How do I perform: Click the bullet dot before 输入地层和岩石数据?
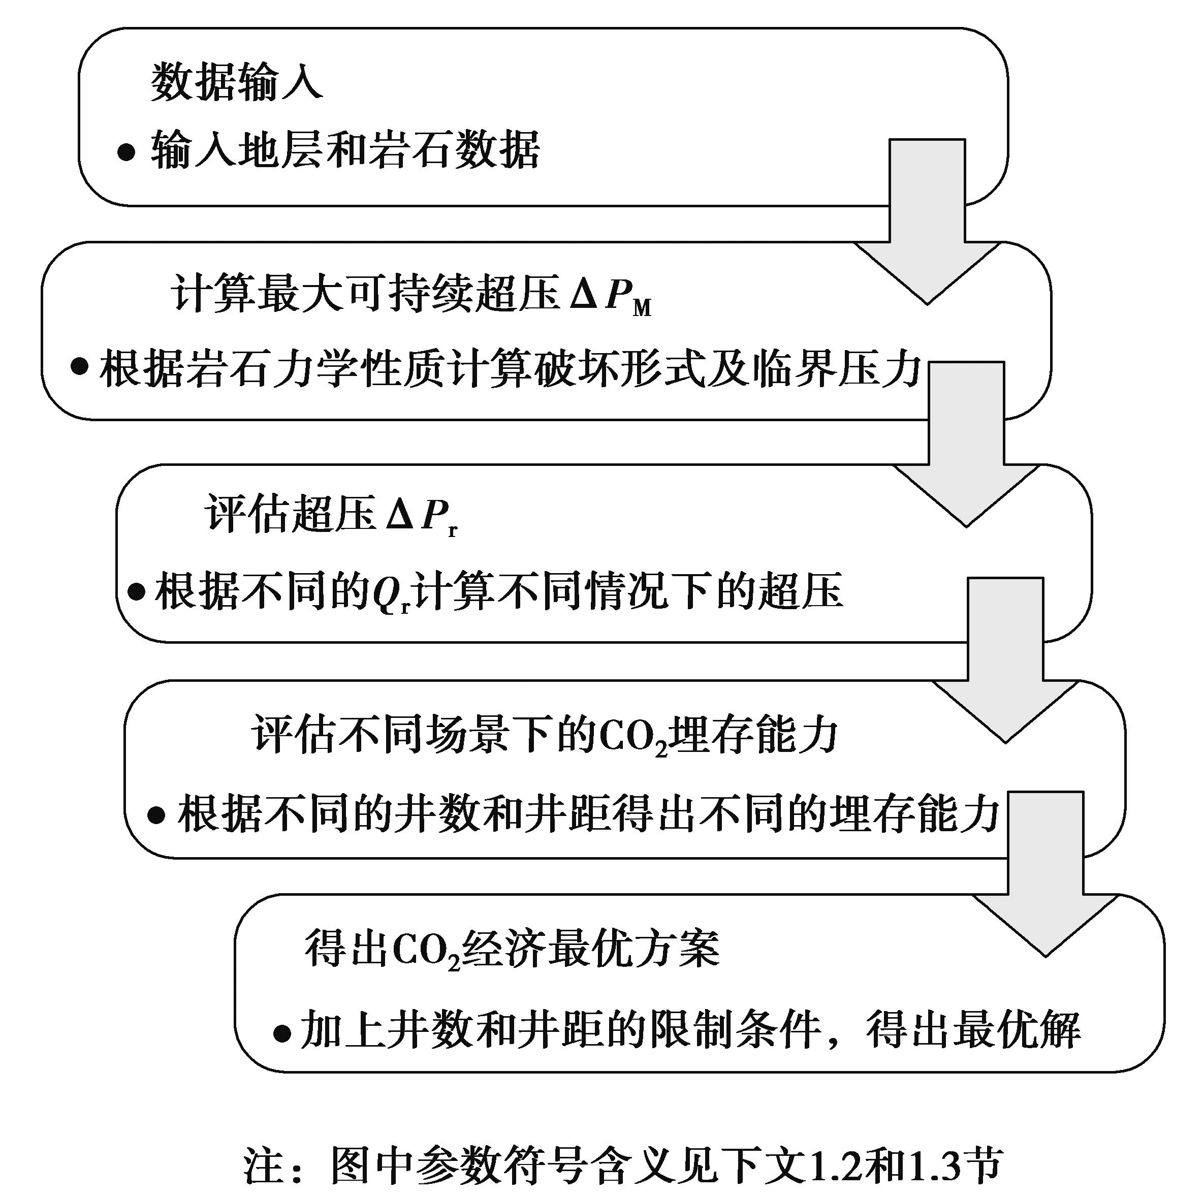pyautogui.click(x=126, y=152)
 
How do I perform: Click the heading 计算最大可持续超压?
pyautogui.click(x=365, y=293)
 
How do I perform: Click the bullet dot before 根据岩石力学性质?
pyautogui.click(x=79, y=366)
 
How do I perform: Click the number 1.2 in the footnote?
pyautogui.click(x=834, y=1163)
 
